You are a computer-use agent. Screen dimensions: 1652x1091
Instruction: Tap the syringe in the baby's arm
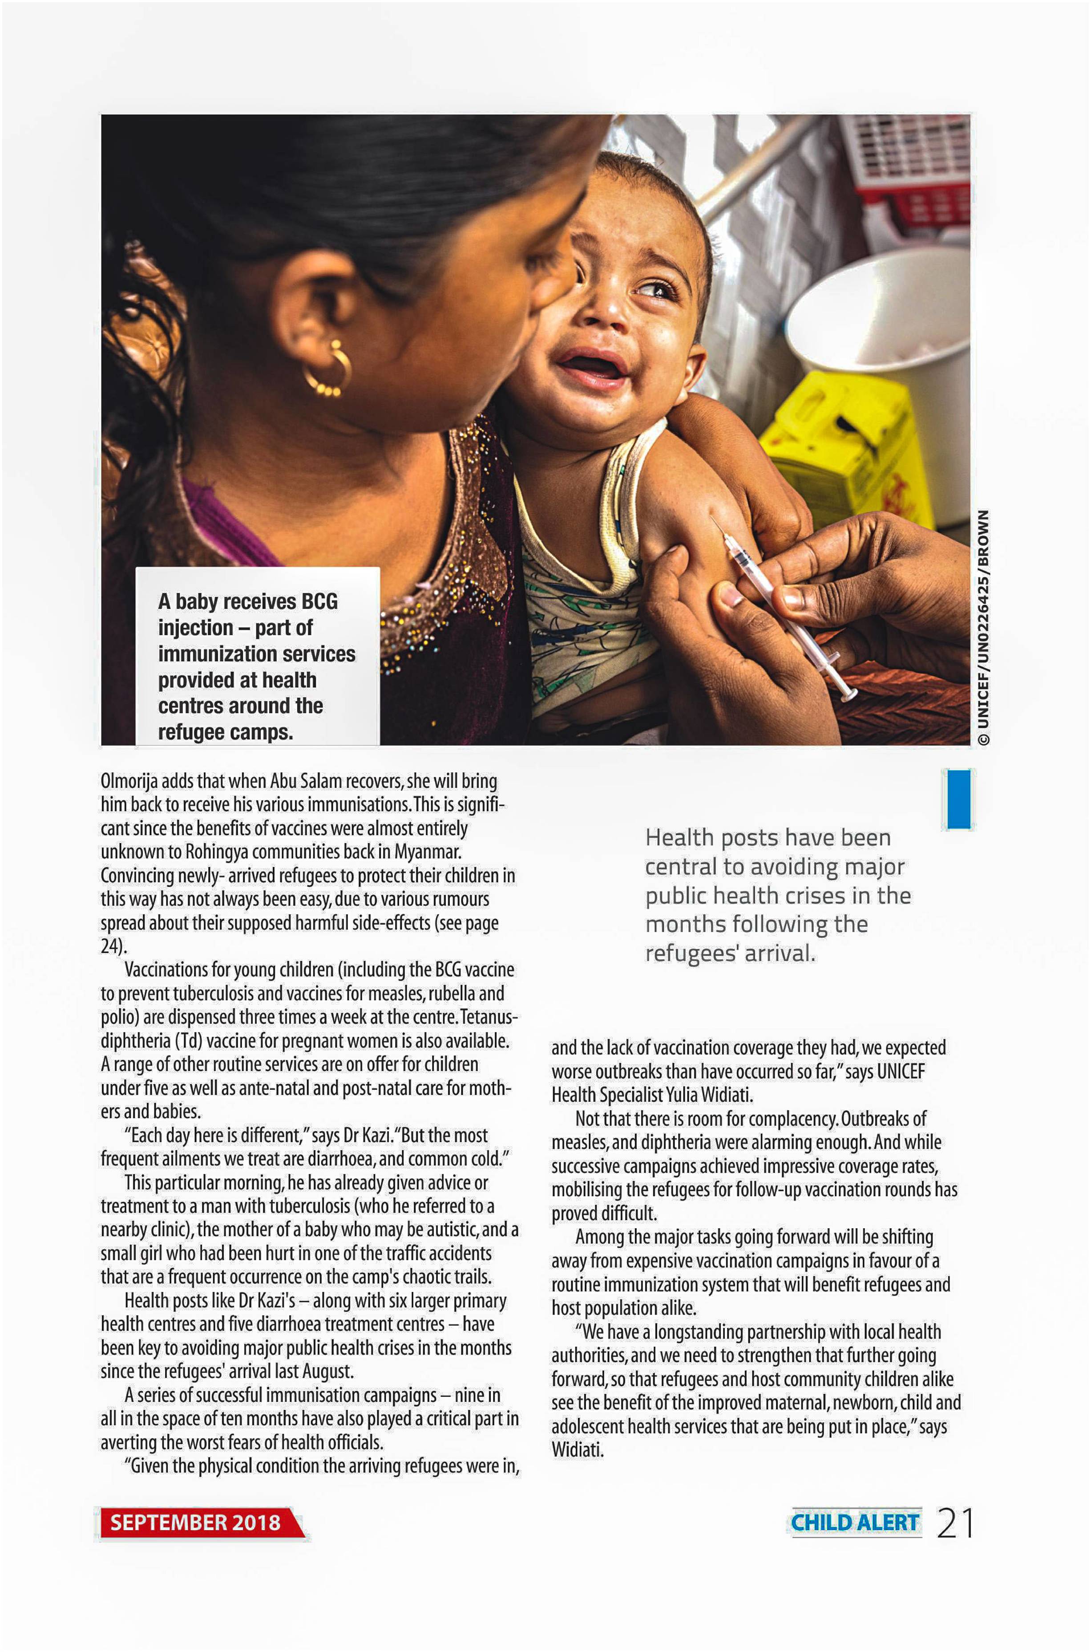[783, 606]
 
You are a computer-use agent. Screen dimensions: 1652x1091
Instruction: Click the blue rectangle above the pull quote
[958, 799]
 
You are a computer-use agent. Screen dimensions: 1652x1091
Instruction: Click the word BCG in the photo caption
[319, 601]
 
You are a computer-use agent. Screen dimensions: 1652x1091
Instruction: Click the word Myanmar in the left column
[427, 852]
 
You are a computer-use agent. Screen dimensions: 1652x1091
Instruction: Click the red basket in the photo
[912, 167]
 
